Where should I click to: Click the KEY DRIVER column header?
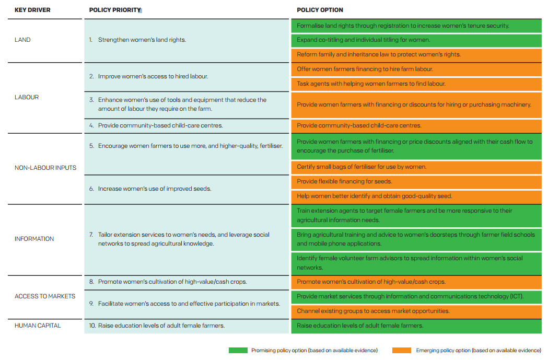[32, 10]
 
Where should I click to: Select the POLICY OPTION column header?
[320, 10]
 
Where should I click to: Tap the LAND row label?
[22, 40]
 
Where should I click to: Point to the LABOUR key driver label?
[27, 97]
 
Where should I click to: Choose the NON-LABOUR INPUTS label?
[45, 168]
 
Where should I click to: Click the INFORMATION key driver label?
[34, 239]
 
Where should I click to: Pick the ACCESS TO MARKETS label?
[45, 296]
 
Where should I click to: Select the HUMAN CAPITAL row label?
[38, 326]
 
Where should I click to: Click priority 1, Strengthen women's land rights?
[137, 40]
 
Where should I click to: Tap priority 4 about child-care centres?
[156, 125]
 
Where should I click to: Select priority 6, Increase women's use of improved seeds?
[150, 189]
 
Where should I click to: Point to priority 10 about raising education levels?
[157, 326]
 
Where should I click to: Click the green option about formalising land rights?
[416, 26]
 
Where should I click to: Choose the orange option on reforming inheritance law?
[416, 55]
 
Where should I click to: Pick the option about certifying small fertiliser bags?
[416, 167]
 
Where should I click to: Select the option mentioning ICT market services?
[416, 297]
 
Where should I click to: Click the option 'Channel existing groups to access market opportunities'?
[416, 311]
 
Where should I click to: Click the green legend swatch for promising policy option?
[238, 350]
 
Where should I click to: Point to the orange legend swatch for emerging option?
[402, 350]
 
